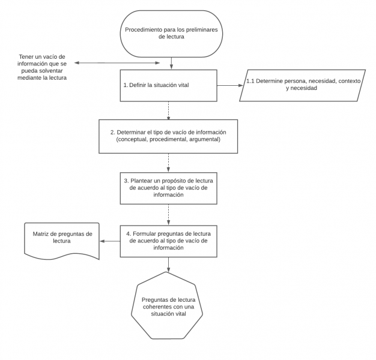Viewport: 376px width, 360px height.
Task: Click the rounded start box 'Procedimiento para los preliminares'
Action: [171, 33]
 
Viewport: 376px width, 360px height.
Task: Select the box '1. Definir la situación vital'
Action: [168, 85]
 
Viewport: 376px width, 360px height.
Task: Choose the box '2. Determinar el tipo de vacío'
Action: [168, 136]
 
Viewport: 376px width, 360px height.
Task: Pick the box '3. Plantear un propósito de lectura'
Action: [168, 187]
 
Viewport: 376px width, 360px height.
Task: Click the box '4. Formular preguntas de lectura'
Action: [168, 241]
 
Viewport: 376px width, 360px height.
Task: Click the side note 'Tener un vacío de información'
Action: [42, 67]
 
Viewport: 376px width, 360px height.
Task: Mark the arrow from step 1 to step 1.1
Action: [229, 85]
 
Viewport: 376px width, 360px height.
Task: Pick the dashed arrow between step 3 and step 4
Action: [168, 214]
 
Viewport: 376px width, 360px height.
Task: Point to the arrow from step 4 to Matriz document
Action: [110, 242]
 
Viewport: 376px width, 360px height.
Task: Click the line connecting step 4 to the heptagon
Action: [168, 264]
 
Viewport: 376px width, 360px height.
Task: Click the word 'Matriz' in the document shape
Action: [41, 233]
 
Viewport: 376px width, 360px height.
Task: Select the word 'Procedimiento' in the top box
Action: [145, 29]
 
